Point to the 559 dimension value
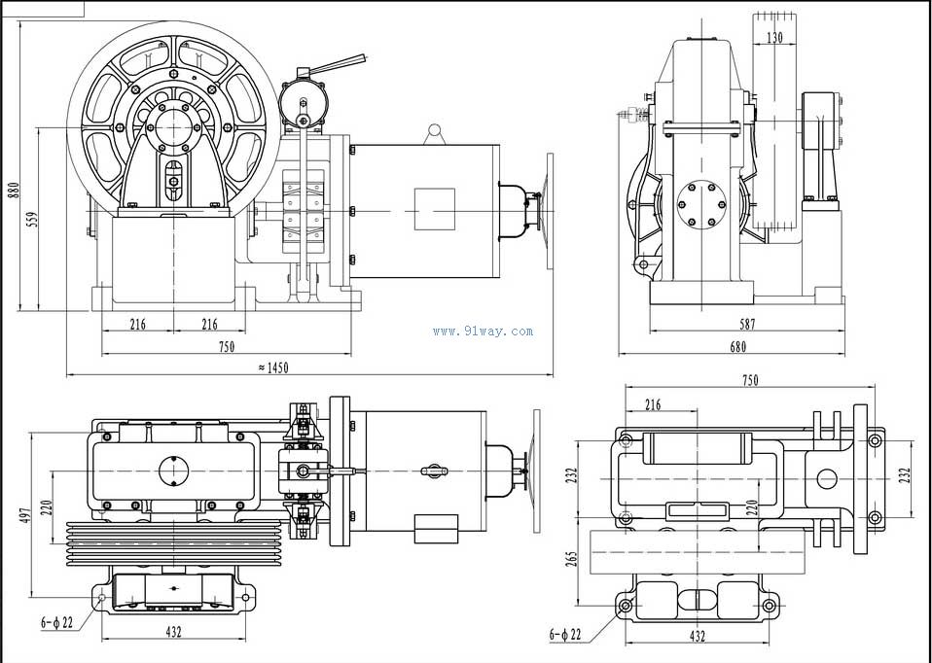31,219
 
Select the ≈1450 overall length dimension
273,367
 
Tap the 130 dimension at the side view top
774,38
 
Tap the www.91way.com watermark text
483,331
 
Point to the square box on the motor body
434,208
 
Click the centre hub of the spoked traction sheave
173,126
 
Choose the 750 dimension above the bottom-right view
750,381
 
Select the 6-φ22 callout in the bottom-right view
564,635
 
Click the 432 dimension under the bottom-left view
173,633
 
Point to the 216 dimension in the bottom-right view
653,404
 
